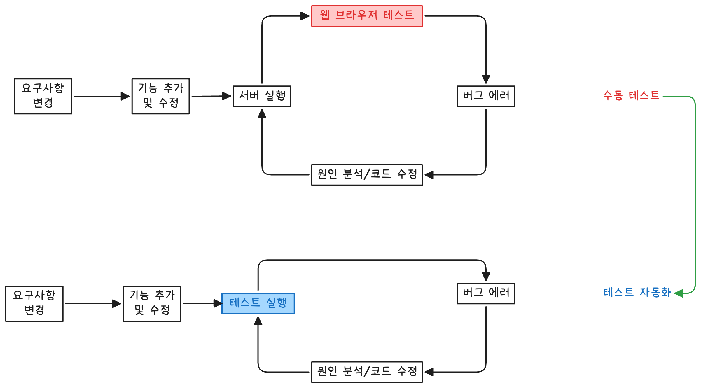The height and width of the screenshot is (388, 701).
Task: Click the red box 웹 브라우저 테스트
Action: tap(367, 16)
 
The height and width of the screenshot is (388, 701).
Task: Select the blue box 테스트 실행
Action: tap(258, 303)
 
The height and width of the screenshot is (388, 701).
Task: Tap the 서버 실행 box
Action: tap(262, 96)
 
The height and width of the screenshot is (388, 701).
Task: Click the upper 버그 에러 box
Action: tap(486, 96)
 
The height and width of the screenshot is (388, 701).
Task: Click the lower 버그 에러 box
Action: tap(486, 293)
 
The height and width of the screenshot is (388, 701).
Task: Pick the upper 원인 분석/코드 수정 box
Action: tap(367, 175)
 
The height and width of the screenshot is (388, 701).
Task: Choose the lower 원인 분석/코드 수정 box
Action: tap(367, 372)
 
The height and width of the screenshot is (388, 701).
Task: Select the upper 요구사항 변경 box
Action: tap(43, 96)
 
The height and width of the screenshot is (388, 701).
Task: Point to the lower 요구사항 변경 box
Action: tap(34, 303)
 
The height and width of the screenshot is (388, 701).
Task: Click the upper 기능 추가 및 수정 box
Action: tap(160, 96)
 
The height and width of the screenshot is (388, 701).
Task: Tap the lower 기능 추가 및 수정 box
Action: tap(152, 303)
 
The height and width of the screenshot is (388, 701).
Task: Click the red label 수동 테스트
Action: tap(631, 96)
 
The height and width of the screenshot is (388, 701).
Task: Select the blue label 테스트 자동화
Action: tap(637, 293)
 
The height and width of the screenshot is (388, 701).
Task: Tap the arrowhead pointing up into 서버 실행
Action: tap(262, 113)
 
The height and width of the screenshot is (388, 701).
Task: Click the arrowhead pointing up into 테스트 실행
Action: tap(258, 321)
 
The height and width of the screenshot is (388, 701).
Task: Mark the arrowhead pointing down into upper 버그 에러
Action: tap(486, 79)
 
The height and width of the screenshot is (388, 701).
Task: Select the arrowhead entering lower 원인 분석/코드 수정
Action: tap(429, 372)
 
